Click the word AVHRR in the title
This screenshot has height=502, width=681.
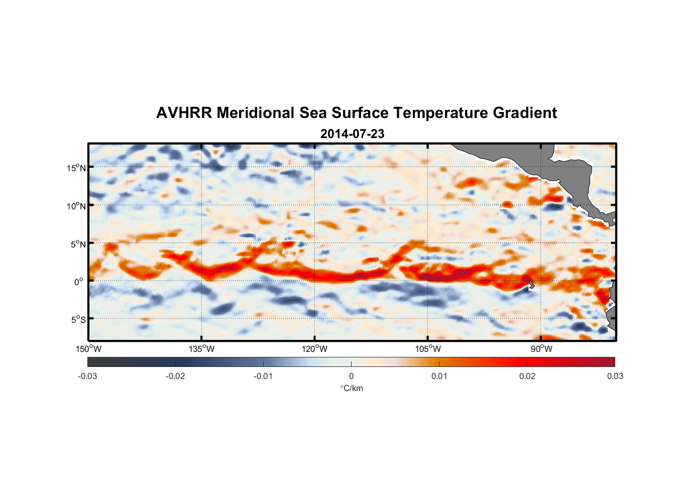click(184, 113)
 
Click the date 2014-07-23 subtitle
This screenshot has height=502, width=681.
click(352, 134)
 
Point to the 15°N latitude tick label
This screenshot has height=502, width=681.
click(76, 168)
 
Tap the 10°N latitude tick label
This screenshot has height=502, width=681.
click(76, 206)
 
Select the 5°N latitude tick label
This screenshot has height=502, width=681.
click(77, 244)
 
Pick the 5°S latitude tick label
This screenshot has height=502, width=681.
click(77, 319)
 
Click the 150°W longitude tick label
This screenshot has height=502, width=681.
click(88, 349)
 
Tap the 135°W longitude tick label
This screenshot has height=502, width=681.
click(201, 349)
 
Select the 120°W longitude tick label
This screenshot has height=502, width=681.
click(314, 349)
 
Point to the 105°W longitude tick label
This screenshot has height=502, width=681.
click(428, 349)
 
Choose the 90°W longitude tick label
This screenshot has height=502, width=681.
click(541, 349)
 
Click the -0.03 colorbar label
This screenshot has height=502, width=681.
click(87, 376)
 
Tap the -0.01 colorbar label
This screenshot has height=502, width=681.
click(263, 376)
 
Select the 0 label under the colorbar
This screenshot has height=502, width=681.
click(351, 376)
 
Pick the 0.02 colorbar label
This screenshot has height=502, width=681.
click(527, 376)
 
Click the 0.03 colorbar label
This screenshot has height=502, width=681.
click(615, 376)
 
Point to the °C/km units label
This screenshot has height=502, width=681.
click(351, 388)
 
